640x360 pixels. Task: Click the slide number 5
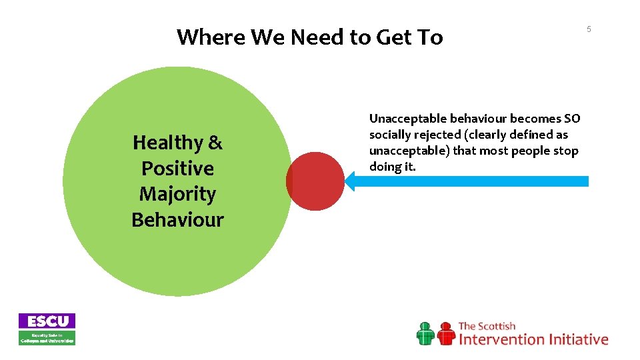point(589,29)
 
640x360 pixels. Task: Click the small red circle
point(313,181)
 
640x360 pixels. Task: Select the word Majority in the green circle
point(177,194)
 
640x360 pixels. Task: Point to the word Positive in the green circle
point(177,168)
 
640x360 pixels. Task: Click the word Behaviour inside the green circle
point(177,219)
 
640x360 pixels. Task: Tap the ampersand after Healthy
point(215,143)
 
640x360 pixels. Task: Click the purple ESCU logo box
point(47,321)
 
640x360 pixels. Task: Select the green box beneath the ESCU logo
point(47,337)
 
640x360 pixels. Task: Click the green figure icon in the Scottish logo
point(425,333)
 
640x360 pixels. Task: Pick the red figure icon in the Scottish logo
point(445,333)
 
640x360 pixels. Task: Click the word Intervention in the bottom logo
point(501,339)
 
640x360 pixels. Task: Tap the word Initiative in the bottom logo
point(578,339)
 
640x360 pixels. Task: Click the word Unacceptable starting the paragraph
point(406,119)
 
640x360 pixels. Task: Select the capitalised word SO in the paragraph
point(571,119)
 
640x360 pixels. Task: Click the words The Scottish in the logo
point(487,326)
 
